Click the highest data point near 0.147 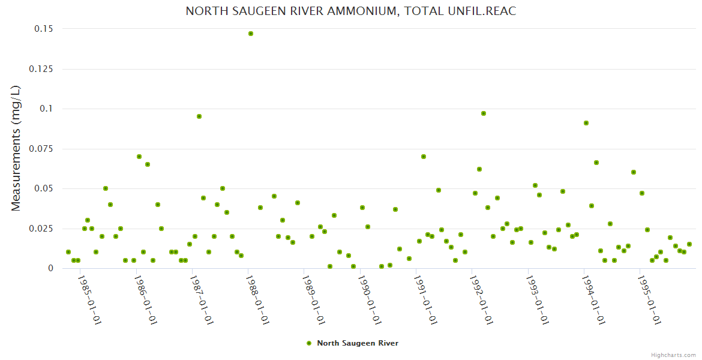251,34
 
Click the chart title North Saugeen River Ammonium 350,11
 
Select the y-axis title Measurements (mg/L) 16,148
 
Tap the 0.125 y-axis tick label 41,69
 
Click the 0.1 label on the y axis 46,109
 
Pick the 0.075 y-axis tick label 41,149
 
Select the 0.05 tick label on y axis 43,188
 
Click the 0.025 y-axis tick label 41,229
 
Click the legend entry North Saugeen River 357,343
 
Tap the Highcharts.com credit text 673,355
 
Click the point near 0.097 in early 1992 484,113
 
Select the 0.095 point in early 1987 199,116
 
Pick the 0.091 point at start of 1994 586,123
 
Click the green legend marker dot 309,343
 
